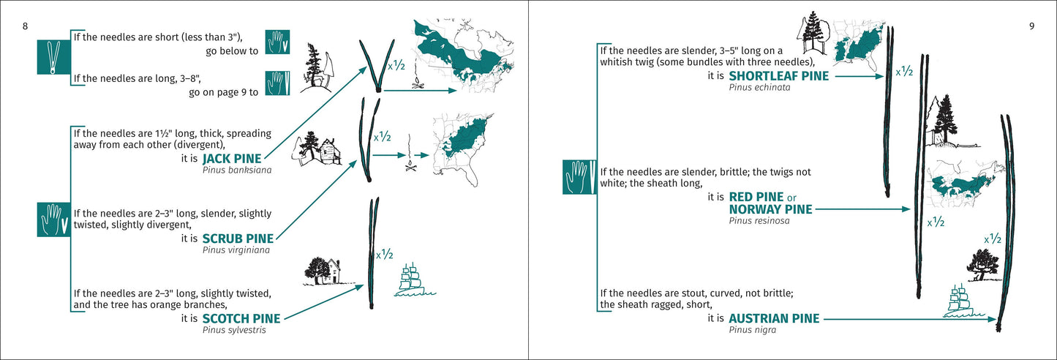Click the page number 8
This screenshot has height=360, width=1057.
(x=26, y=27)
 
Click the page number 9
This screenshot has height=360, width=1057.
(x=1031, y=27)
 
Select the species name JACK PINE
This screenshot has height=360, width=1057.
(x=232, y=158)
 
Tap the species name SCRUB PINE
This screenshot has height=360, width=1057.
(x=238, y=238)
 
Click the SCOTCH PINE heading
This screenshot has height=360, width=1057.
(x=241, y=318)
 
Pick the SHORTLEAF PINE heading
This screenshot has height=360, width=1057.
(x=778, y=75)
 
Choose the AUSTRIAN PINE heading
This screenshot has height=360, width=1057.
(x=774, y=318)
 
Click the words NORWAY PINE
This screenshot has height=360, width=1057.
(x=770, y=209)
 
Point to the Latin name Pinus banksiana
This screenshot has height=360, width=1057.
(x=236, y=170)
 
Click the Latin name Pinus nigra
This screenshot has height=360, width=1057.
(x=753, y=330)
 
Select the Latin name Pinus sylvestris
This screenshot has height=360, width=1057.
(x=234, y=330)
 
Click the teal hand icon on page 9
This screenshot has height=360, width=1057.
(x=579, y=178)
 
